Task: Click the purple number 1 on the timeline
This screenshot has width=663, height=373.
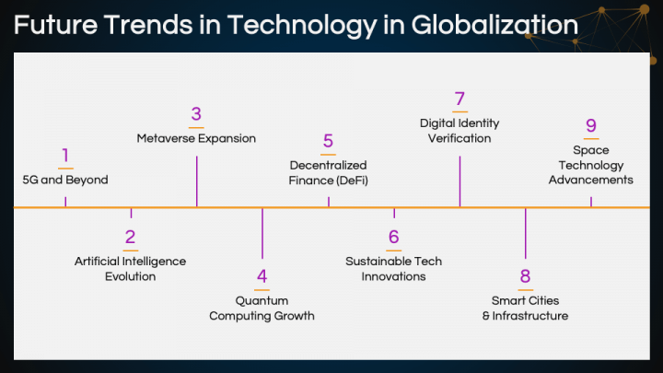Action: (65, 156)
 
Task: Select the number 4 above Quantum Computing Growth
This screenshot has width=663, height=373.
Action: (262, 276)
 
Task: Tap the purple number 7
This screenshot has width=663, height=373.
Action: (459, 99)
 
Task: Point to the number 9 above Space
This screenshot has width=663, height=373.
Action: (591, 125)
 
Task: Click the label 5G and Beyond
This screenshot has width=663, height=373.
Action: (65, 180)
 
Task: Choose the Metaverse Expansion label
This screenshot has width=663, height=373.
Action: (196, 138)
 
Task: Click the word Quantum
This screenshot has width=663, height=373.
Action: (262, 300)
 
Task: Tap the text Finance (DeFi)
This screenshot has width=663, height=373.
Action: (328, 181)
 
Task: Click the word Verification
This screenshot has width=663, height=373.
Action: (459, 138)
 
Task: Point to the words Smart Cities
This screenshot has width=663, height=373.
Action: (525, 300)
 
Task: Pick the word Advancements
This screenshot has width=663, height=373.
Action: (591, 180)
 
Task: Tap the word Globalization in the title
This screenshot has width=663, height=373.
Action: (494, 26)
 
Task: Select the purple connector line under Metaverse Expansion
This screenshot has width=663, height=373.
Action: (197, 181)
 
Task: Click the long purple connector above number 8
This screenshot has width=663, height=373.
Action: (526, 233)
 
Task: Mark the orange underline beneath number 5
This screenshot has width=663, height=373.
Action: (328, 155)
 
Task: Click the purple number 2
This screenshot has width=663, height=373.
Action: (130, 237)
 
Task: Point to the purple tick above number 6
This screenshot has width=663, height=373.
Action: (394, 213)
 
